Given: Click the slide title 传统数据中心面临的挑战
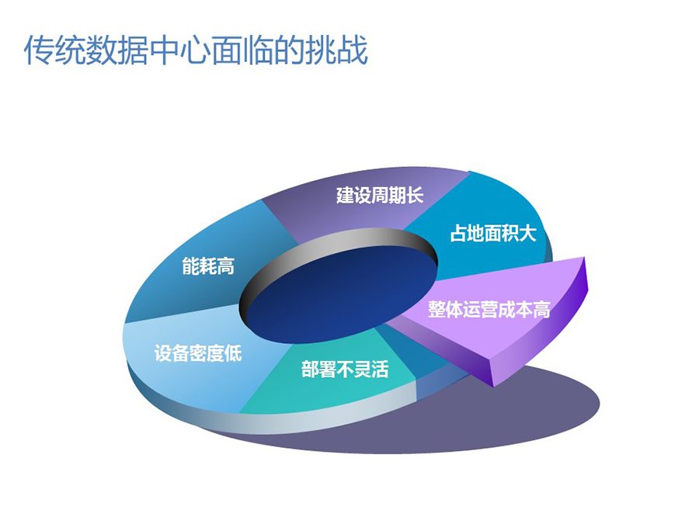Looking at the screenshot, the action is click(195, 50).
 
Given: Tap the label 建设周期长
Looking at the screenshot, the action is click(379, 196).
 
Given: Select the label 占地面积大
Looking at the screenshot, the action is click(492, 233).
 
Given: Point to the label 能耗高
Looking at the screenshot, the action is click(208, 266).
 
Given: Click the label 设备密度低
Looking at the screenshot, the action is click(198, 353).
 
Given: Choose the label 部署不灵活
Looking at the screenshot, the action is click(345, 369).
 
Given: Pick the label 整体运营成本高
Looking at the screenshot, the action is click(489, 309).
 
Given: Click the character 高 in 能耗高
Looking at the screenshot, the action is click(226, 266).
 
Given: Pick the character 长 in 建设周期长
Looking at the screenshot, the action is click(415, 196).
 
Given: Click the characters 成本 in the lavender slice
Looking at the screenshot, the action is click(516, 309).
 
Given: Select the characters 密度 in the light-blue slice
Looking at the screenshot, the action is click(207, 353).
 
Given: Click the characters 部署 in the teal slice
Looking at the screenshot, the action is click(318, 369).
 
